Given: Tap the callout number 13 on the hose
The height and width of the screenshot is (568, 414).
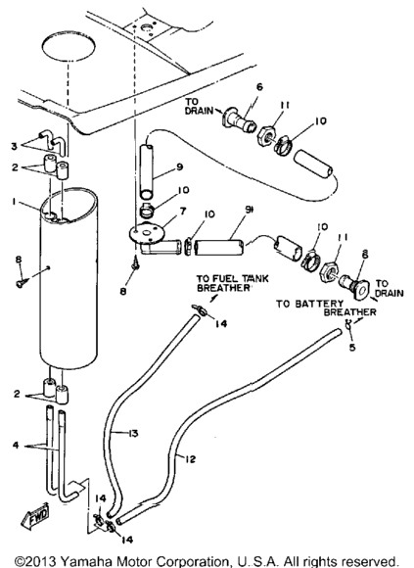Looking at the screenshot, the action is [x=133, y=433].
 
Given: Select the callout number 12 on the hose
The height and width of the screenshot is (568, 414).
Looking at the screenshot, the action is [x=190, y=459].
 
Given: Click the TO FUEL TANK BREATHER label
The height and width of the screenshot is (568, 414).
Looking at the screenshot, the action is [x=233, y=283].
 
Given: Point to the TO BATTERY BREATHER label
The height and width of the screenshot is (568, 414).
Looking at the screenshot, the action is [x=327, y=308].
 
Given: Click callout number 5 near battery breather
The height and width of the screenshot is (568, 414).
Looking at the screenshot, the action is [x=352, y=347].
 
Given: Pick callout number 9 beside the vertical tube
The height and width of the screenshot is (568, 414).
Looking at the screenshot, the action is [x=179, y=166].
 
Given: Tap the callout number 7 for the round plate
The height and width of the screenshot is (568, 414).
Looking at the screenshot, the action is [x=183, y=211].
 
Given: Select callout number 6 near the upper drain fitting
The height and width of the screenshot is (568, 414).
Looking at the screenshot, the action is [x=259, y=87].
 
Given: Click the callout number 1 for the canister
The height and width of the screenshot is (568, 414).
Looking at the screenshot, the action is [x=14, y=202].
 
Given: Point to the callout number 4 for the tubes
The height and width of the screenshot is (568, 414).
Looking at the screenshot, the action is [x=16, y=445].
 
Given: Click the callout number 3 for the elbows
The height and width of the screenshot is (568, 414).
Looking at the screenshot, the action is [x=14, y=147].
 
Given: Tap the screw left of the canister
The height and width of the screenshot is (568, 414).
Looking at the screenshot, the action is [x=21, y=284].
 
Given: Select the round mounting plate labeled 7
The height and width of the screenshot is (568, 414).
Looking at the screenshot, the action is [x=146, y=234].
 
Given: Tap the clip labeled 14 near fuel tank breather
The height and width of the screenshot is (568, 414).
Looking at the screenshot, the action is [x=199, y=308].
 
